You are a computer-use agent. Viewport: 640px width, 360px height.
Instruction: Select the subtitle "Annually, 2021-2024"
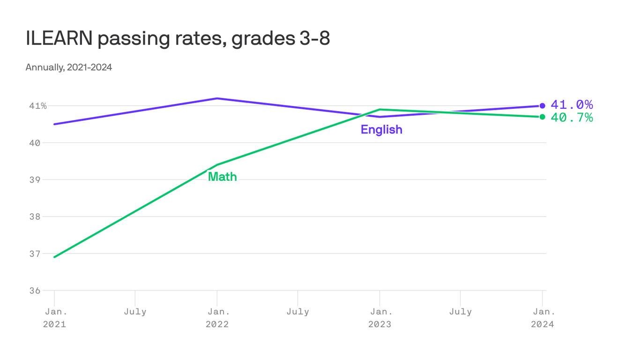[x=69, y=67]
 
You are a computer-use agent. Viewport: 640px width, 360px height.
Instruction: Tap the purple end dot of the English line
[x=542, y=106]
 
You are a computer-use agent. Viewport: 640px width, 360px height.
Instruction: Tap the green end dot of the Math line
[x=542, y=117]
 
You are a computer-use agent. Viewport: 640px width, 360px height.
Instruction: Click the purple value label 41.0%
[x=572, y=105]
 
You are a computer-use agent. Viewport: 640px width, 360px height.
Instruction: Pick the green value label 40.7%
[x=572, y=118]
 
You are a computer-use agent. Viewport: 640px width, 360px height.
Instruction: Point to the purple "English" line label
[x=381, y=130]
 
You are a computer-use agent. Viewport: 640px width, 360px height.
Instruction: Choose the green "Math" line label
[x=222, y=177]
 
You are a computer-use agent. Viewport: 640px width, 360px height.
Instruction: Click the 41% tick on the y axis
[x=38, y=106]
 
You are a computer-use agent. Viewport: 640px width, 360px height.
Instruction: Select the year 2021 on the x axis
[x=54, y=324]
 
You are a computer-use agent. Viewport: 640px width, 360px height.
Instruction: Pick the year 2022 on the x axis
[x=217, y=324]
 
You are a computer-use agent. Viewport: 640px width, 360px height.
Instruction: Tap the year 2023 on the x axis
[x=380, y=324]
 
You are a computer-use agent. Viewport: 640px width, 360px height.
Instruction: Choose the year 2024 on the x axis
[x=542, y=324]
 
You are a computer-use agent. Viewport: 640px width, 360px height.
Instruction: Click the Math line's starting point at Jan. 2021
[x=54, y=257]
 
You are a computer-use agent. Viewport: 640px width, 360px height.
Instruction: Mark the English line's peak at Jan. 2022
[x=217, y=98]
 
